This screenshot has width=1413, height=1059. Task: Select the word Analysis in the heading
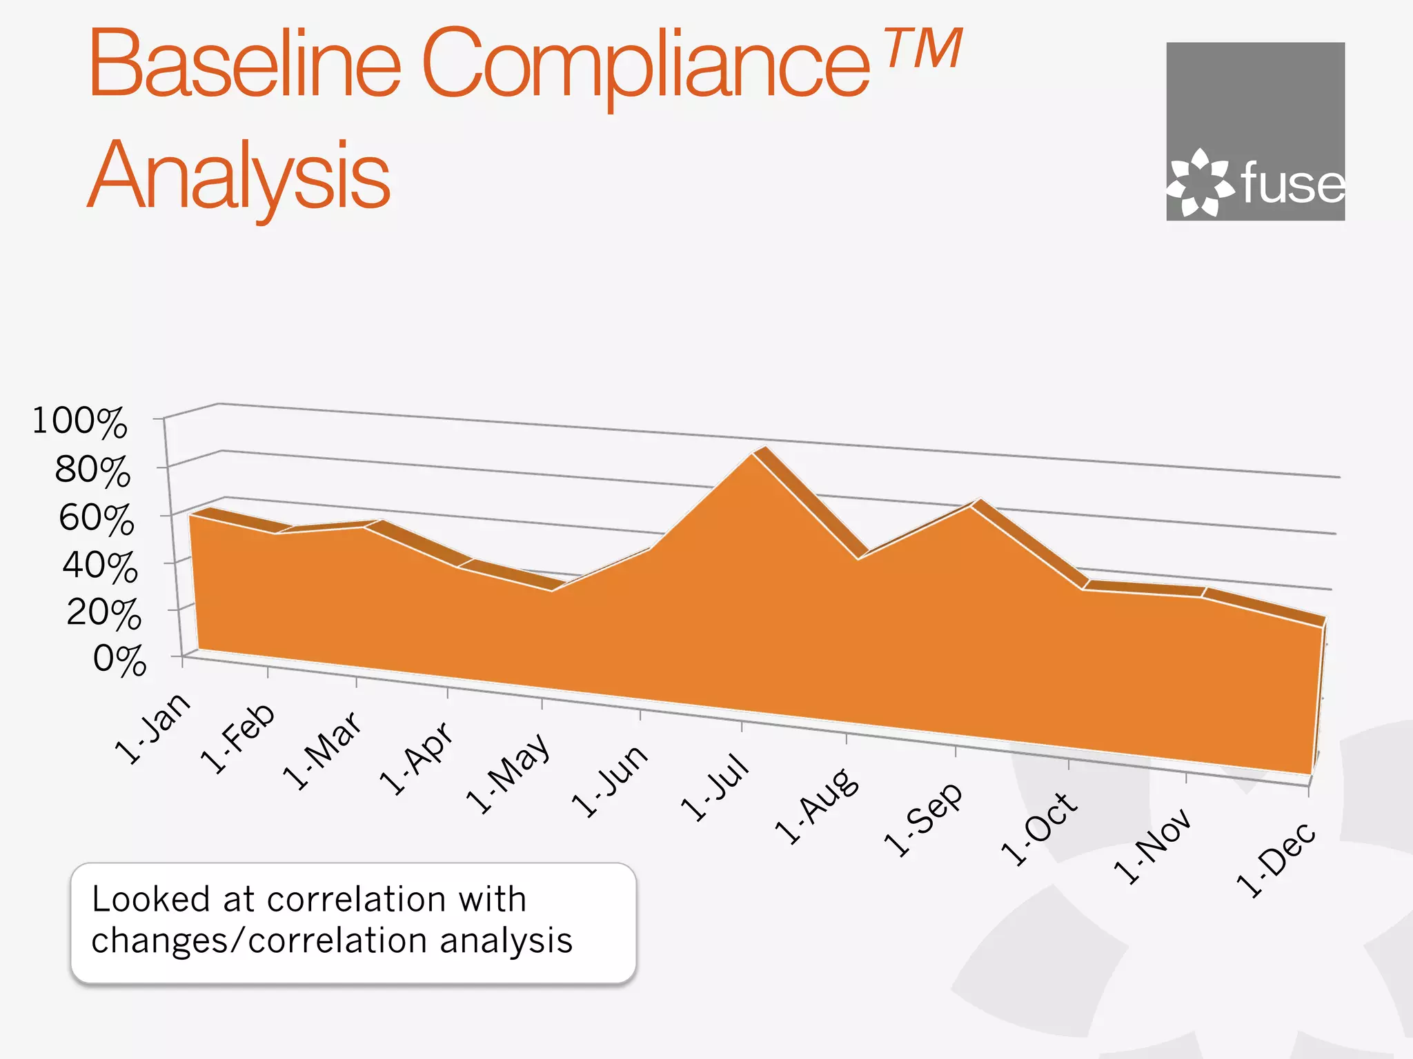(x=239, y=175)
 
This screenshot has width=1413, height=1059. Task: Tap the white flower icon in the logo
(x=1199, y=182)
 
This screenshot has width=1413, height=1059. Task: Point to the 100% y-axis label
(x=80, y=421)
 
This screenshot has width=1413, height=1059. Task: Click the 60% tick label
(x=96, y=518)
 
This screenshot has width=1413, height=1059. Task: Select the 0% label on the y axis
(x=119, y=660)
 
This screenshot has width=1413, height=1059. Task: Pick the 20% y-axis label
(x=103, y=612)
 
